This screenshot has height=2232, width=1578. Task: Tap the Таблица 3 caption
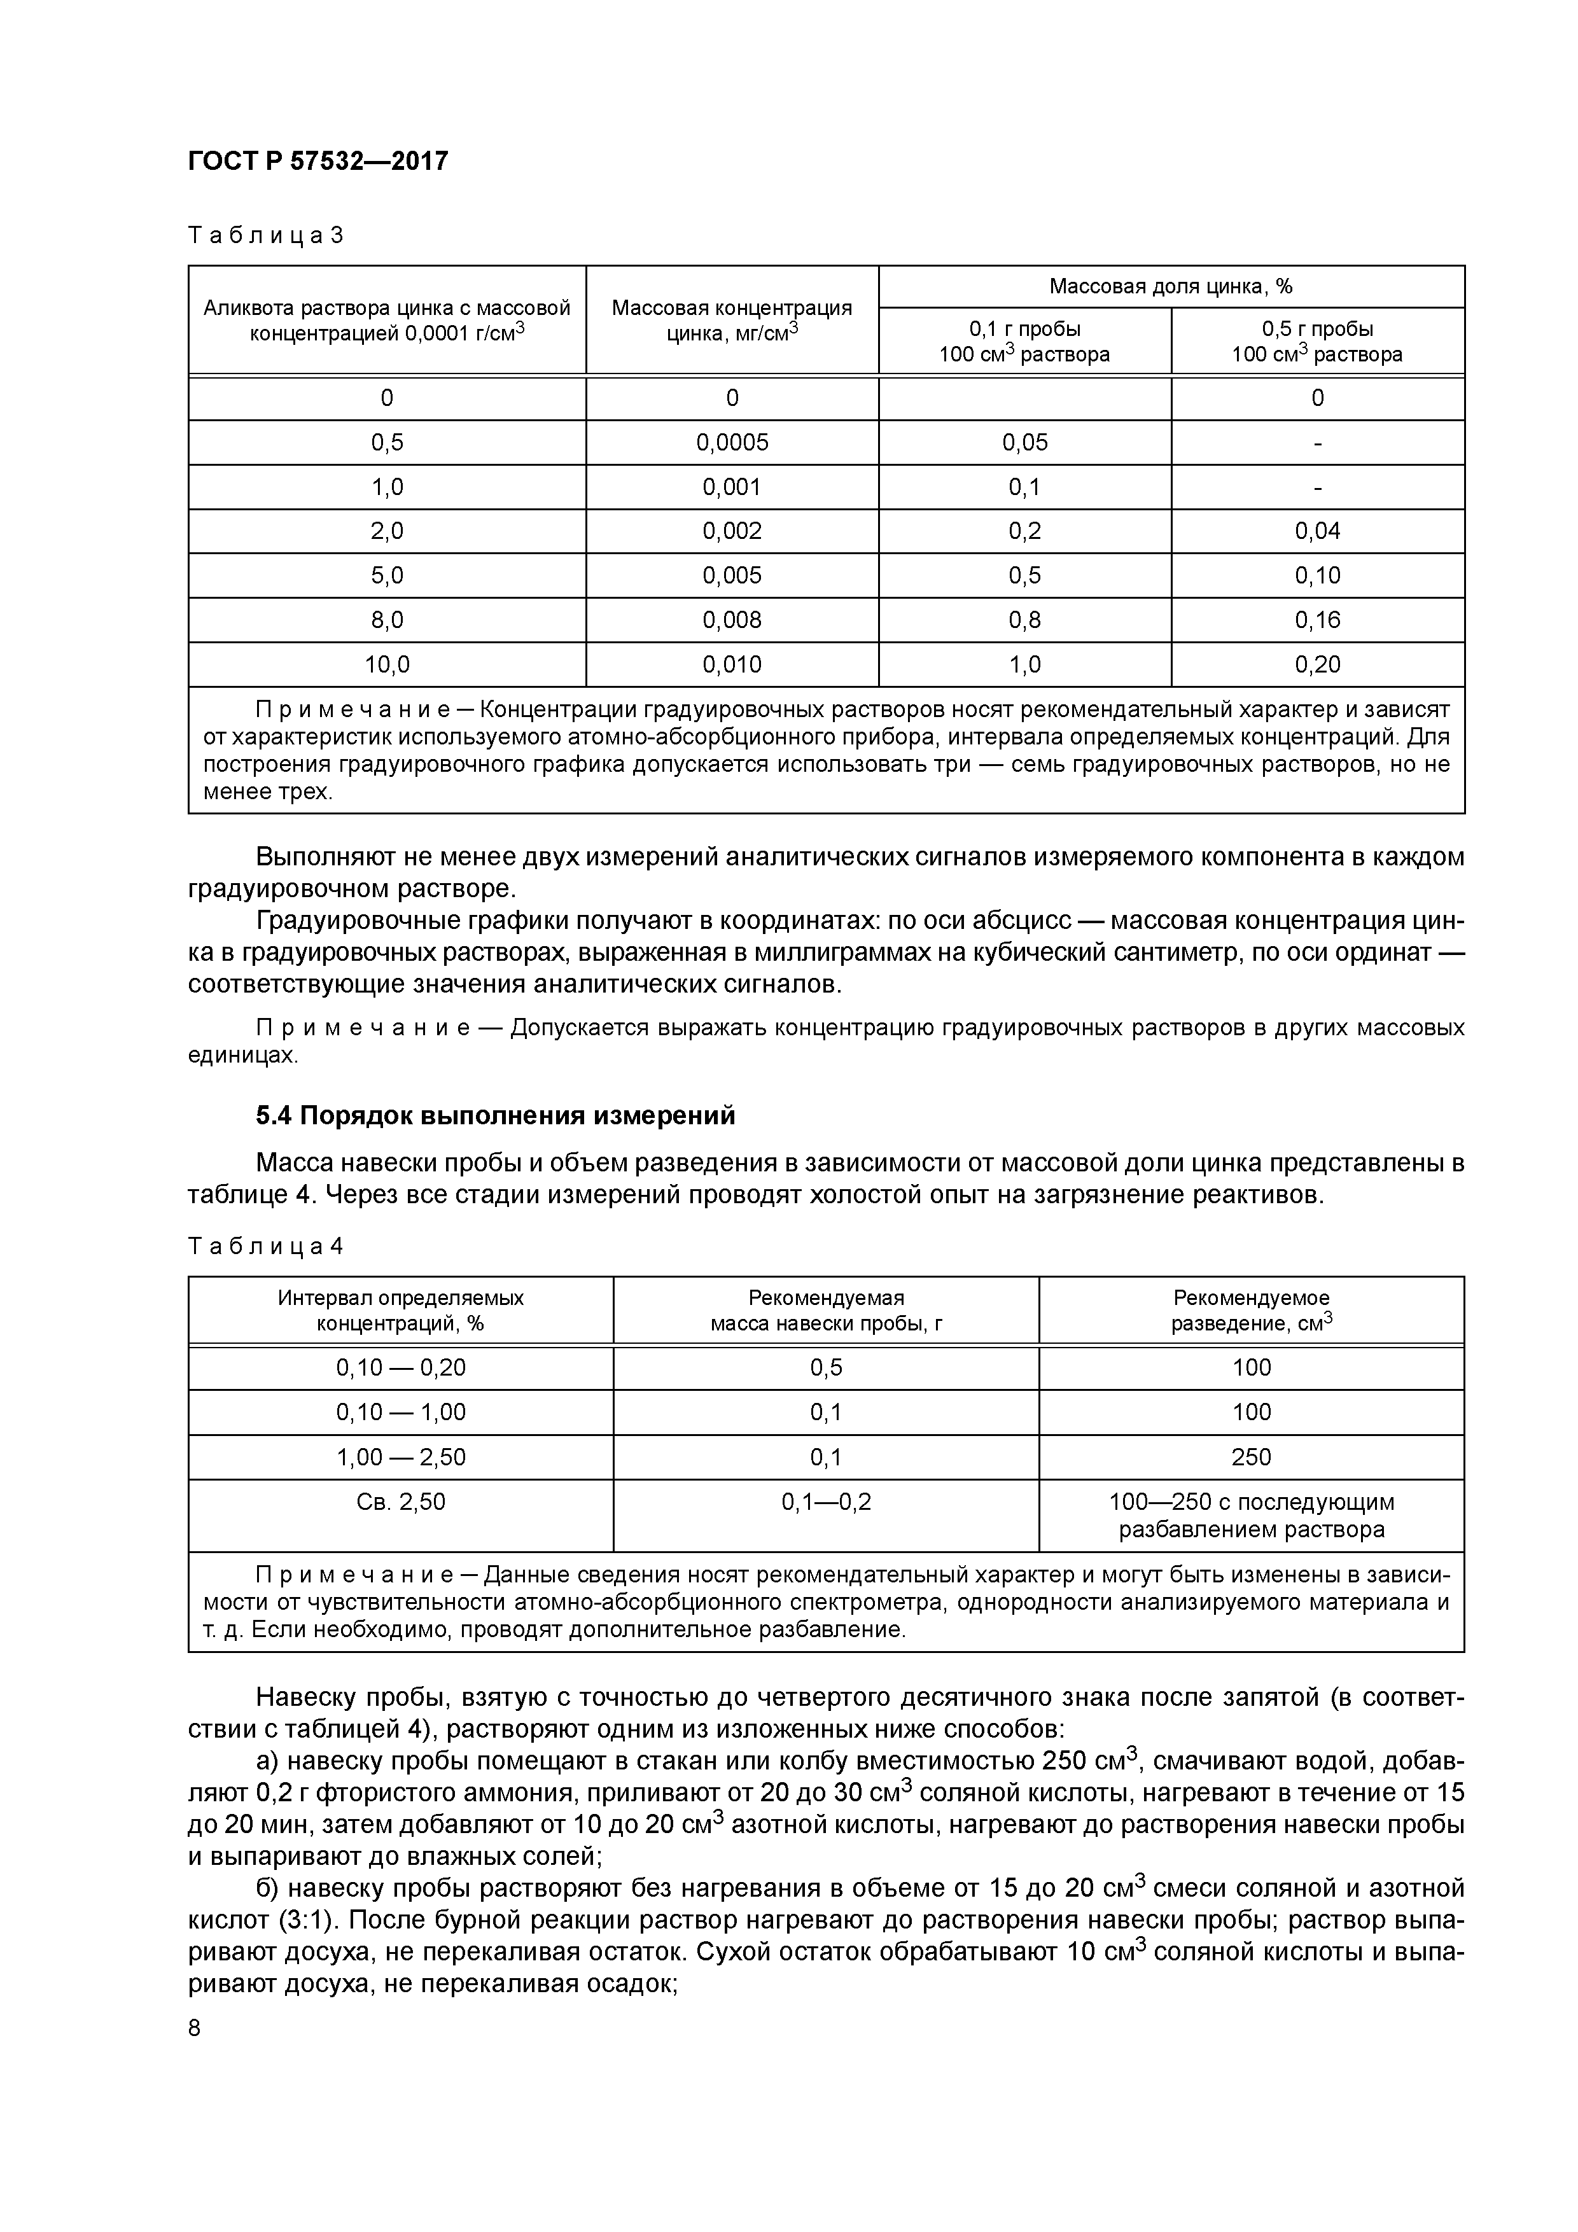[x=265, y=235]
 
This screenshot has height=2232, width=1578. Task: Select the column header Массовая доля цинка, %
[x=1171, y=287]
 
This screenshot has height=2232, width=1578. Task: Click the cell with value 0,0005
[x=732, y=442]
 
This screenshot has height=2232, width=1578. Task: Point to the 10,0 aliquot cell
[x=387, y=665]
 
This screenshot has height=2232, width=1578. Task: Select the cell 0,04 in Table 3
[x=1317, y=531]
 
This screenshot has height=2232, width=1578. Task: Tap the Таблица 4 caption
[x=265, y=1246]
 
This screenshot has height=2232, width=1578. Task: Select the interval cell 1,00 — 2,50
[x=401, y=1456]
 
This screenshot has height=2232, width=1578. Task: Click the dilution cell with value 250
[x=1252, y=1456]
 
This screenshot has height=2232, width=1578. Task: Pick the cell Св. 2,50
[x=401, y=1502]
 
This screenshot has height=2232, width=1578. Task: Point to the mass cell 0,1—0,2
[x=827, y=1502]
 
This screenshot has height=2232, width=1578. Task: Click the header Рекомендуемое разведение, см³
[x=1252, y=1311]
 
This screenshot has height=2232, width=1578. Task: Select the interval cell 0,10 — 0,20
[x=401, y=1368]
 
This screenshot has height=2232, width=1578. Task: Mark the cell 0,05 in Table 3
[x=1025, y=442]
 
